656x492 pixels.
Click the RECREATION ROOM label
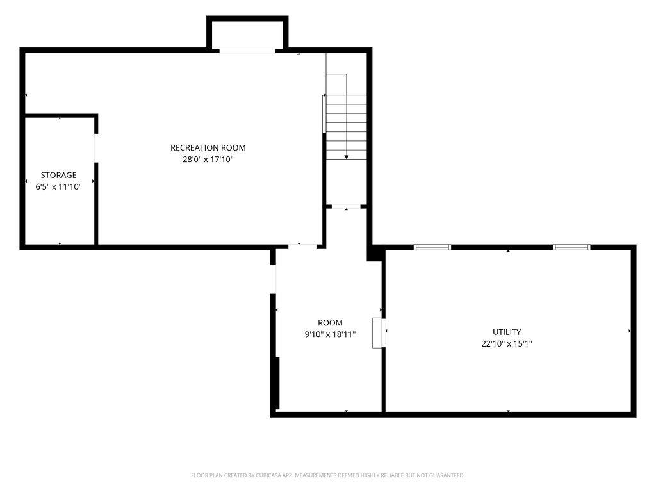coord(208,148)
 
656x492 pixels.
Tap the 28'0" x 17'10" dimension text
coord(208,160)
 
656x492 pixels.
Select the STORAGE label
coord(58,175)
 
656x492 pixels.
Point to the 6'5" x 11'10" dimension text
coord(58,186)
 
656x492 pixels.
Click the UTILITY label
coord(507,332)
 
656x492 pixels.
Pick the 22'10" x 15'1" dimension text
coord(507,344)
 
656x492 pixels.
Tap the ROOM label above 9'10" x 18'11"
coord(330,323)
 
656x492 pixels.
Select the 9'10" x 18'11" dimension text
coord(330,334)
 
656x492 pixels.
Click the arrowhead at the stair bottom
coord(347,157)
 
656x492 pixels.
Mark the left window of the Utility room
coord(432,247)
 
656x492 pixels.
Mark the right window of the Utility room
coord(571,247)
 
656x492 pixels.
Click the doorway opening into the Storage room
coord(96,148)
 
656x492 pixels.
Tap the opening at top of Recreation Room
coord(247,51)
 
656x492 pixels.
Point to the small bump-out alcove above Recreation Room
coord(247,33)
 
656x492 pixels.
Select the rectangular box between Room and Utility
coord(379,333)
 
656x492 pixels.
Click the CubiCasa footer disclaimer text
coord(327,475)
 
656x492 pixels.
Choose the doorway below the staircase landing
coord(346,206)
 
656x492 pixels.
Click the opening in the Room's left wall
coord(273,279)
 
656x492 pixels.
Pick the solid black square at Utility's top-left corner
coord(375,254)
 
